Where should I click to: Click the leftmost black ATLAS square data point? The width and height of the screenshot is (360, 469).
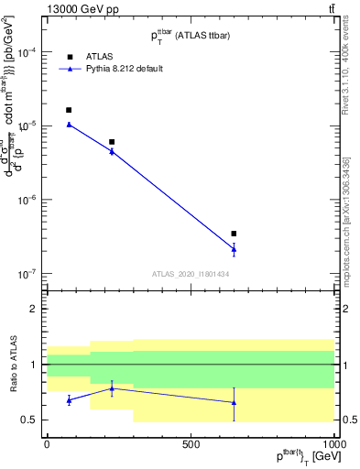coord(69,110)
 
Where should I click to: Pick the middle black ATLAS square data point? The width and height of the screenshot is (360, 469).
coord(112,142)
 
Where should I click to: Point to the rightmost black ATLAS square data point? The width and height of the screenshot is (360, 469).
coord(235,234)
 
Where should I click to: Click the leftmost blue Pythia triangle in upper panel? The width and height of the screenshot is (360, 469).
coord(69,125)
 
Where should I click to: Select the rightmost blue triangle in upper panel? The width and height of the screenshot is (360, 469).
coord(235,248)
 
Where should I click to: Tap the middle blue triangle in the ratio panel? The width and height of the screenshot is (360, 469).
coord(112,388)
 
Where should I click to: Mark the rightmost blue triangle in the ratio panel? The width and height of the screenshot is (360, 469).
coord(235,402)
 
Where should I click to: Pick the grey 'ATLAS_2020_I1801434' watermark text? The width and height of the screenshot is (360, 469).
coord(190,274)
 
